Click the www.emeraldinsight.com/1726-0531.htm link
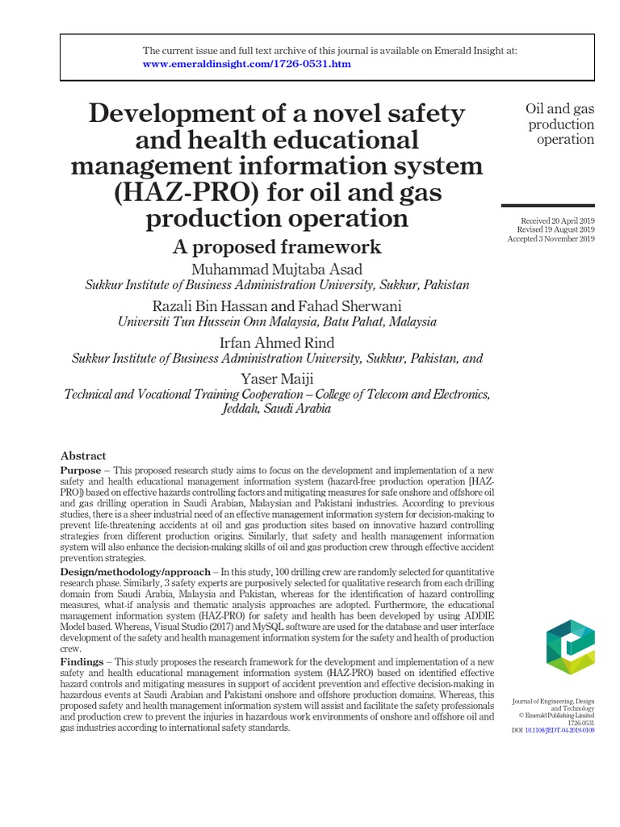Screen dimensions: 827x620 click(x=247, y=64)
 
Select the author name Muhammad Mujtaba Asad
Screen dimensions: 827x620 click(x=277, y=268)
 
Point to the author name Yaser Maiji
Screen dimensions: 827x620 click(x=277, y=379)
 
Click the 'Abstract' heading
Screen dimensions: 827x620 click(x=83, y=455)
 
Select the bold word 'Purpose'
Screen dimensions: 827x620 click(x=81, y=470)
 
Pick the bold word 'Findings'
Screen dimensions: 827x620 click(x=82, y=662)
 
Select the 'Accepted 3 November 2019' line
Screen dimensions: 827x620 click(x=551, y=239)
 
